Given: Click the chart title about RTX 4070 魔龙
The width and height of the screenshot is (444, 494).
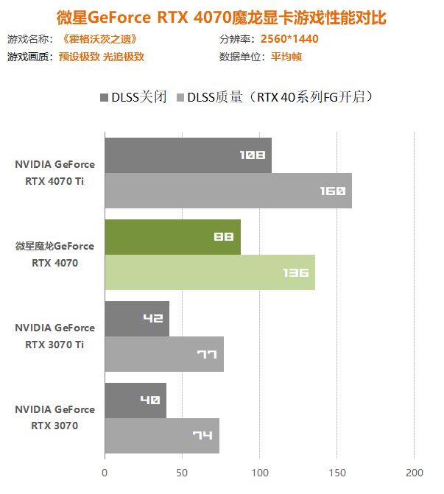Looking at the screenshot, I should pyautogui.click(x=222, y=16).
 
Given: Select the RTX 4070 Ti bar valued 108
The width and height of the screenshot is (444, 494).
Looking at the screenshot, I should pyautogui.click(x=188, y=155).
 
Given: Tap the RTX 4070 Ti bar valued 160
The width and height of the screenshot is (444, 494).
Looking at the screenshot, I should pyautogui.click(x=228, y=191).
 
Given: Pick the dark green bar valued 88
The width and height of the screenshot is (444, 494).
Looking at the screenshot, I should pyautogui.click(x=172, y=237).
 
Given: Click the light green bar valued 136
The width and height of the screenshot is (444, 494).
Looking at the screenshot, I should pyautogui.click(x=210, y=272).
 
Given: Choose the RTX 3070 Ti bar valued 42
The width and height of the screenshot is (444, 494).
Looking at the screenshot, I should pyautogui.click(x=137, y=319).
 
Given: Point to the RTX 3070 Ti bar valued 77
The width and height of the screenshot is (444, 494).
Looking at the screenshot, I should pyautogui.click(x=163, y=354).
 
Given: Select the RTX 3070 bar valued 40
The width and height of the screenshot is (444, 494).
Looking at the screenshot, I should pyautogui.click(x=135, y=401).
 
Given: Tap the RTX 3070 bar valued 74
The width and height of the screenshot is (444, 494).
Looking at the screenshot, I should pyautogui.click(x=161, y=436).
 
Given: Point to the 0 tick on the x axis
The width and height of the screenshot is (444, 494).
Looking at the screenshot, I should pyautogui.click(x=105, y=472).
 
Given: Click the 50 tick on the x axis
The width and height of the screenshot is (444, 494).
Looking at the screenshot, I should pyautogui.click(x=182, y=472).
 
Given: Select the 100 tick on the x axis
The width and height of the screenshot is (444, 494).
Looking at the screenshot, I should pyautogui.click(x=259, y=472).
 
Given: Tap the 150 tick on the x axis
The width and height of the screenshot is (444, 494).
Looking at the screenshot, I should pyautogui.click(x=336, y=472).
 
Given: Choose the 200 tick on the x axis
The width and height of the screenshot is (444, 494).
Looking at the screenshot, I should pyautogui.click(x=414, y=472).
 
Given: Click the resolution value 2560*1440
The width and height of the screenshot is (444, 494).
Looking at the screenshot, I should pyautogui.click(x=289, y=39).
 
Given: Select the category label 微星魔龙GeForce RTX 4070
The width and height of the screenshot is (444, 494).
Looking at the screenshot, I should pyautogui.click(x=54, y=254).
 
